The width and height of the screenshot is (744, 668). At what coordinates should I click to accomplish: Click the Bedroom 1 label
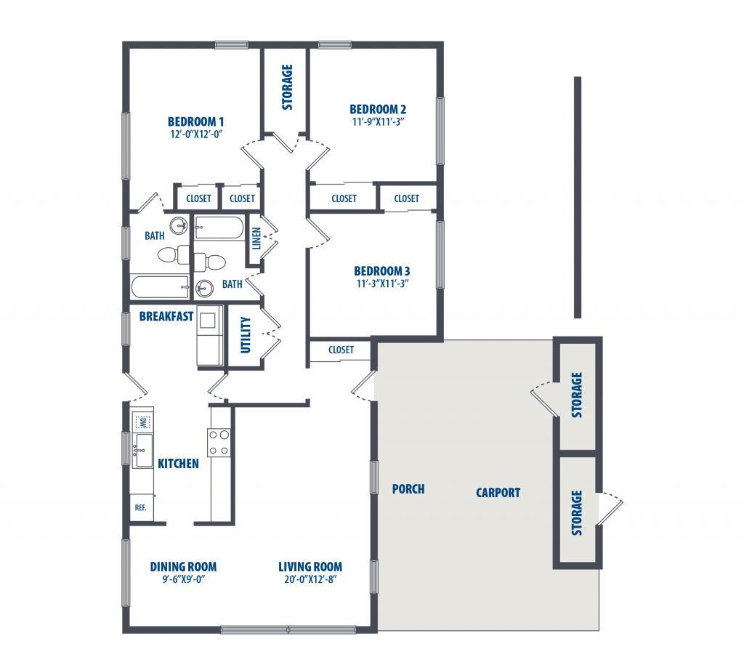[195, 121]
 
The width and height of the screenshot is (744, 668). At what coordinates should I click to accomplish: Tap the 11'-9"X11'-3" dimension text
[378, 121]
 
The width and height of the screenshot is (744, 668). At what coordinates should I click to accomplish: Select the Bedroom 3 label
[382, 271]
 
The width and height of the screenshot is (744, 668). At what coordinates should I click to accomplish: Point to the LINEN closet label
[256, 238]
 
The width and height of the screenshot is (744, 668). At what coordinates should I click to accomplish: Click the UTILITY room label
[246, 335]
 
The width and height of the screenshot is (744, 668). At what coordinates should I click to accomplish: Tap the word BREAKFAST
[166, 316]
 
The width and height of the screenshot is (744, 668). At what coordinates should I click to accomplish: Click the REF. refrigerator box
[142, 508]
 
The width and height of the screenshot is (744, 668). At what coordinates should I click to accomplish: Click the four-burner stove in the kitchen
[219, 443]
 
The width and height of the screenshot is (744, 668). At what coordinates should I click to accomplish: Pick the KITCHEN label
[179, 463]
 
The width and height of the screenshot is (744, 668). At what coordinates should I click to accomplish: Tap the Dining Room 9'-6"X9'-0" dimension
[183, 579]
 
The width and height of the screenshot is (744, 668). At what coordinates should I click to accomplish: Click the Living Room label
[310, 567]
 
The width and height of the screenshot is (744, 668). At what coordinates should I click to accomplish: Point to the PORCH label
[408, 489]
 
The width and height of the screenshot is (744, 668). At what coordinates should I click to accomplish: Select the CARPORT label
[498, 493]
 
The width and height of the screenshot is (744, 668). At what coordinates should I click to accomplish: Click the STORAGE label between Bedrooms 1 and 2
[287, 87]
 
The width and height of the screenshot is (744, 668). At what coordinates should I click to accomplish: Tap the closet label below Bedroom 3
[341, 350]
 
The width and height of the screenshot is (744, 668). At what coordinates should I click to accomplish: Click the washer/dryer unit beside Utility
[210, 336]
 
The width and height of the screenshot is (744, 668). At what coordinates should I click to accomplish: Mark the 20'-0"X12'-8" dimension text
[310, 579]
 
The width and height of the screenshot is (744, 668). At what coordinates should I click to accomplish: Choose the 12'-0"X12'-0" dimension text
[196, 134]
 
